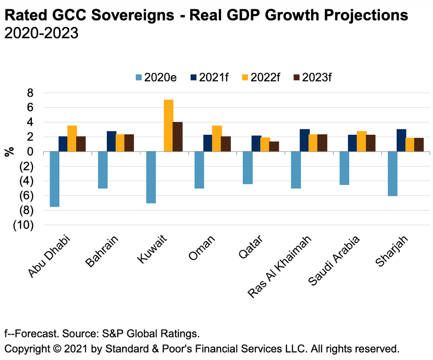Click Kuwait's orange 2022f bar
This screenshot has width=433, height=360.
click(x=169, y=125)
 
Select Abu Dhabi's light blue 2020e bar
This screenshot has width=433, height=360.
click(x=55, y=179)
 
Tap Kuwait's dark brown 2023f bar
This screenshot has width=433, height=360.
click(x=178, y=137)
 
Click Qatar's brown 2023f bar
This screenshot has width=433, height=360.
click(x=274, y=146)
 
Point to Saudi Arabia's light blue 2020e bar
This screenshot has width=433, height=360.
click(x=344, y=168)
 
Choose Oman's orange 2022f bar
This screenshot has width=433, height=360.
click(x=217, y=138)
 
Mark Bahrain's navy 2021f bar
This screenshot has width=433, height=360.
click(x=112, y=141)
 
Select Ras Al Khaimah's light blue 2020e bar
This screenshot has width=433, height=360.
click(x=296, y=170)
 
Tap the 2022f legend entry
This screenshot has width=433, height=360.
click(x=260, y=78)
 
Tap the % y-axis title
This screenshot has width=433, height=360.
click(x=9, y=152)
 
